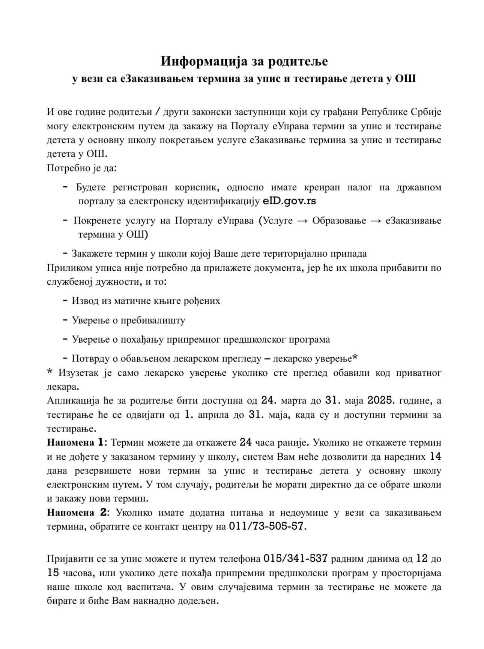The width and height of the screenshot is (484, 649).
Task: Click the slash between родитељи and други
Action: click(159, 112)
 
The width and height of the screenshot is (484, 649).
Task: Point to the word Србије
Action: click(426, 112)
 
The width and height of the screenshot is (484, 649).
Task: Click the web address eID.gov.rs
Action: click(289, 201)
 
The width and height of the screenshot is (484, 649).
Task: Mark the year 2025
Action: click(381, 401)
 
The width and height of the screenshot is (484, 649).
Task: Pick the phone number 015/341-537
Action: click(296, 559)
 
